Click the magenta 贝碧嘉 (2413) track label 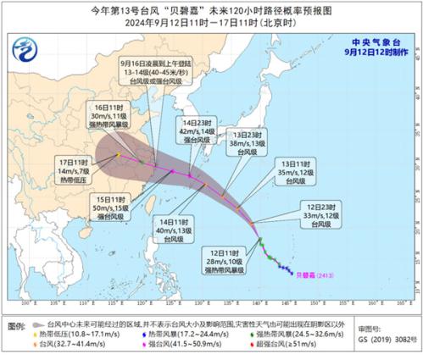point(320,274)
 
